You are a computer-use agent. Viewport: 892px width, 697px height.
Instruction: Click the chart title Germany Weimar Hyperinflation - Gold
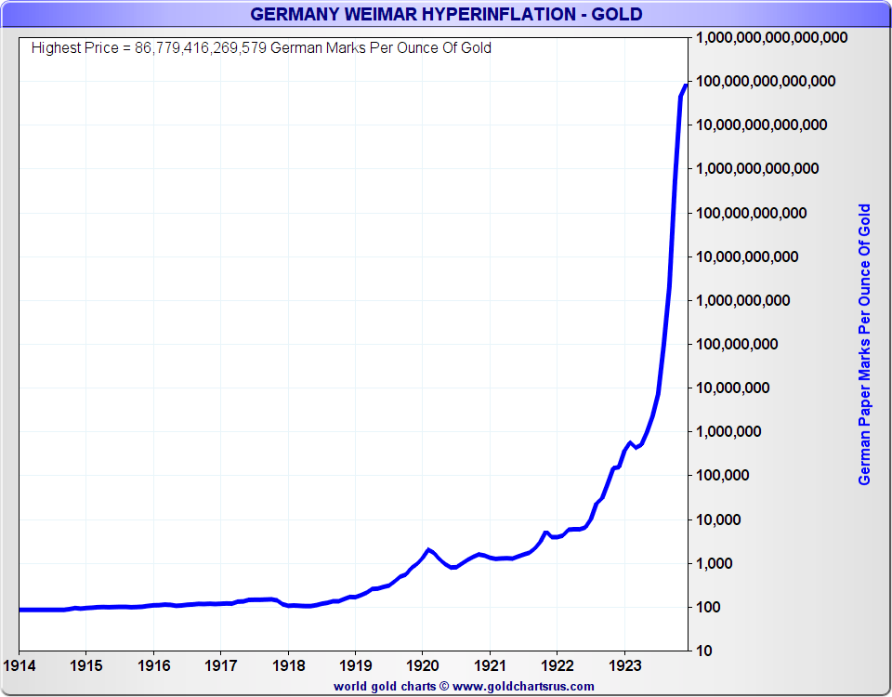pyautogui.click(x=446, y=14)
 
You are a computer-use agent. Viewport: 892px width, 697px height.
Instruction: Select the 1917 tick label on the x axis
pyautogui.click(x=220, y=666)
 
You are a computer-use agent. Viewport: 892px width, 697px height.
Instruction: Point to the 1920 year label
pyautogui.click(x=422, y=666)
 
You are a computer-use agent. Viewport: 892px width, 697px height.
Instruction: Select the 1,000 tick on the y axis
pyautogui.click(x=715, y=564)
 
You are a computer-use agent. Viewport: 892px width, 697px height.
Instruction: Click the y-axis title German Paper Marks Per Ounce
pyautogui.click(x=864, y=344)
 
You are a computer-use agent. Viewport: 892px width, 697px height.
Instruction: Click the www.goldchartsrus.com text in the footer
pyautogui.click(x=523, y=686)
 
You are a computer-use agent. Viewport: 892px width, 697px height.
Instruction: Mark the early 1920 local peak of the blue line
pyautogui.click(x=428, y=549)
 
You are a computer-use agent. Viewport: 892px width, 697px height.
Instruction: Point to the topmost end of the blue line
pyautogui.click(x=686, y=85)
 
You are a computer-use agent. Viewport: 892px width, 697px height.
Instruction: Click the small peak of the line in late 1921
pyautogui.click(x=546, y=533)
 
